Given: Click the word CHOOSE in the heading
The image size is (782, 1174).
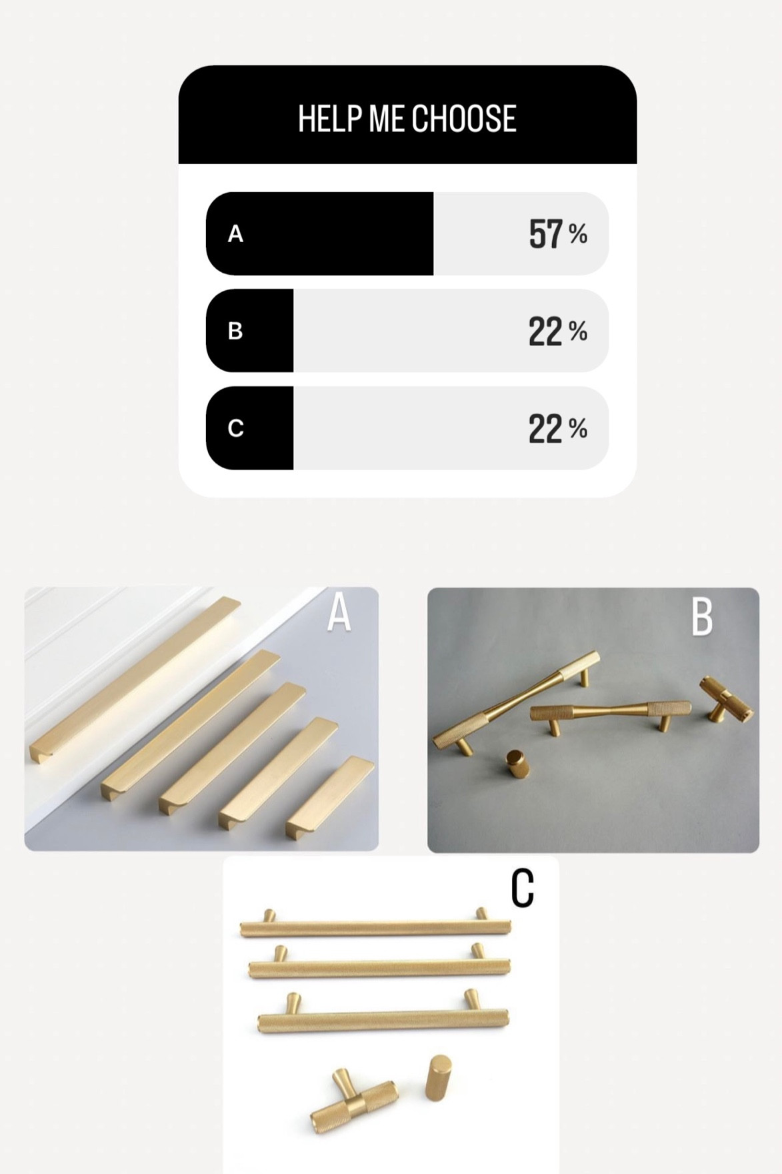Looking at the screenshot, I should coord(463,119).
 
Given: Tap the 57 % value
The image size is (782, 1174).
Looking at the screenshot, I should coord(557,234).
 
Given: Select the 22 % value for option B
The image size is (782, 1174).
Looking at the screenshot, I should coord(557,331).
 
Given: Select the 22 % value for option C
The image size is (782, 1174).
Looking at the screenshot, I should coord(557,428).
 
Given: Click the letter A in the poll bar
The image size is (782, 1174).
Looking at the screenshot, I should coord(235,234).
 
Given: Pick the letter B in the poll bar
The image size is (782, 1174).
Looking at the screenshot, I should coord(235,331).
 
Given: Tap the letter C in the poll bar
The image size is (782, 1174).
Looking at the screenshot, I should coord(235,428).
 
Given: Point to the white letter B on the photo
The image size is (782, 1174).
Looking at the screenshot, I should coord(702,617).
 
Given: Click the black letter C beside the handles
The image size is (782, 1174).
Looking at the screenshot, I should coord(522,888).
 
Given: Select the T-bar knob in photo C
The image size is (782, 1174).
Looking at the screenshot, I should coord(353,1105).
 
